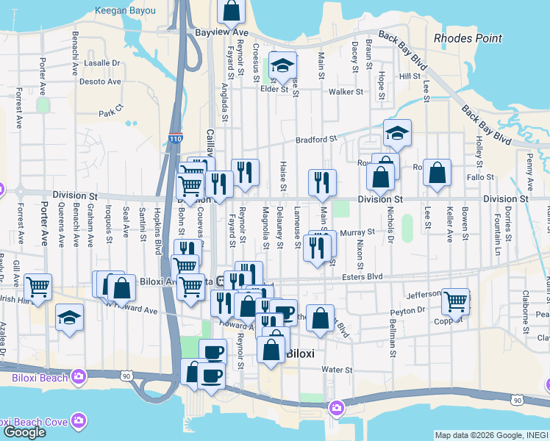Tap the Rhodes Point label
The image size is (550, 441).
coord(468,38)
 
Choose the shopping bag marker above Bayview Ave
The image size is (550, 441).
coord(231,11)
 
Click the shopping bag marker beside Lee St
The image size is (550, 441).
coord(437,174)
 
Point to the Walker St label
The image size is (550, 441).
coord(346,92)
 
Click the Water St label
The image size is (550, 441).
coord(338,370)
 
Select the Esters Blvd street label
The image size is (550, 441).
coord(363,276)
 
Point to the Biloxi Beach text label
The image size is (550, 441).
coord(38,378)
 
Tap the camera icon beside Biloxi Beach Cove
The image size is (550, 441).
coord(79,420)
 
